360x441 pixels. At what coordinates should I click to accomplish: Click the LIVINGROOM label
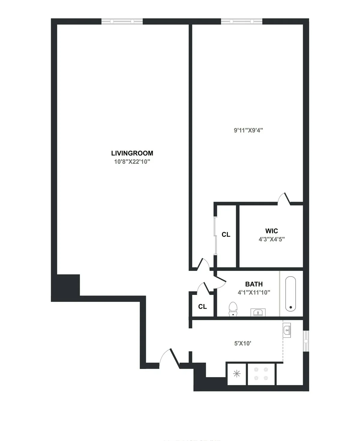tap(132, 153)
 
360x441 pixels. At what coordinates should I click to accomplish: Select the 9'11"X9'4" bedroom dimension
tap(248, 130)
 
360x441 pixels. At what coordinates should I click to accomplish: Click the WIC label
tap(271, 231)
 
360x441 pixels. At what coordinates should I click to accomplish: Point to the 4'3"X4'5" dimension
tap(271, 239)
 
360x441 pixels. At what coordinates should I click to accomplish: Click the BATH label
tap(254, 284)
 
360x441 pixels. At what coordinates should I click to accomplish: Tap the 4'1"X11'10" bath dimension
tap(254, 292)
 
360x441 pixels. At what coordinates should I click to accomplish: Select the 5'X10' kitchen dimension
tap(242, 343)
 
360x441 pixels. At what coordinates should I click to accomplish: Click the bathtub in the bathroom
tap(290, 294)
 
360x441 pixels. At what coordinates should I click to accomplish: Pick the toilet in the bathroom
tap(233, 309)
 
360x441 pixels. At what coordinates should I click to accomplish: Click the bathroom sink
tap(258, 312)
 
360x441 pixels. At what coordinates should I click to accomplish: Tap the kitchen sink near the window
tap(287, 331)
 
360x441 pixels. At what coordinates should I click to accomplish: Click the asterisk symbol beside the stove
tap(237, 373)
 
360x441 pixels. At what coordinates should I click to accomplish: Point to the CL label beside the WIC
tap(226, 235)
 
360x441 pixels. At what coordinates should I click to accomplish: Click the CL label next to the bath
tap(202, 307)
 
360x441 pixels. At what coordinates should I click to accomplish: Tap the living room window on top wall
tap(122, 21)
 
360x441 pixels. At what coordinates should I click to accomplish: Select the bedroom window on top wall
tap(241, 21)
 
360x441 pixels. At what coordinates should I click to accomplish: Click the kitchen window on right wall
tap(306, 341)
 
